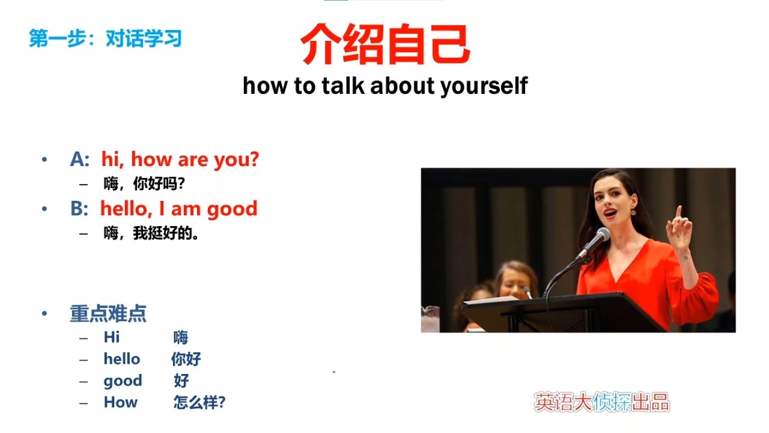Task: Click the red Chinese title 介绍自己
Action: (x=384, y=45)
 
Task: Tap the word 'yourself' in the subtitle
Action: (x=484, y=86)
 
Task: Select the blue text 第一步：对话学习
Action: (x=105, y=39)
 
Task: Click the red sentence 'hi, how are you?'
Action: (x=180, y=159)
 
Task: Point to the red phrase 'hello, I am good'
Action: (x=178, y=209)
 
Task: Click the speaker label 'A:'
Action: (x=80, y=159)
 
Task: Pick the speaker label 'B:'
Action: (x=80, y=209)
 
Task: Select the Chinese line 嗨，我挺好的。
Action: (x=151, y=233)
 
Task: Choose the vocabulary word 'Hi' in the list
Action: (x=112, y=337)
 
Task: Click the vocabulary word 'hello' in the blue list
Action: (x=122, y=359)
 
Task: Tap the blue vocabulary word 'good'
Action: (x=123, y=381)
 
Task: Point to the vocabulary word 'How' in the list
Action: (x=121, y=402)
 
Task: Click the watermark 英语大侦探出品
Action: (x=602, y=402)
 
